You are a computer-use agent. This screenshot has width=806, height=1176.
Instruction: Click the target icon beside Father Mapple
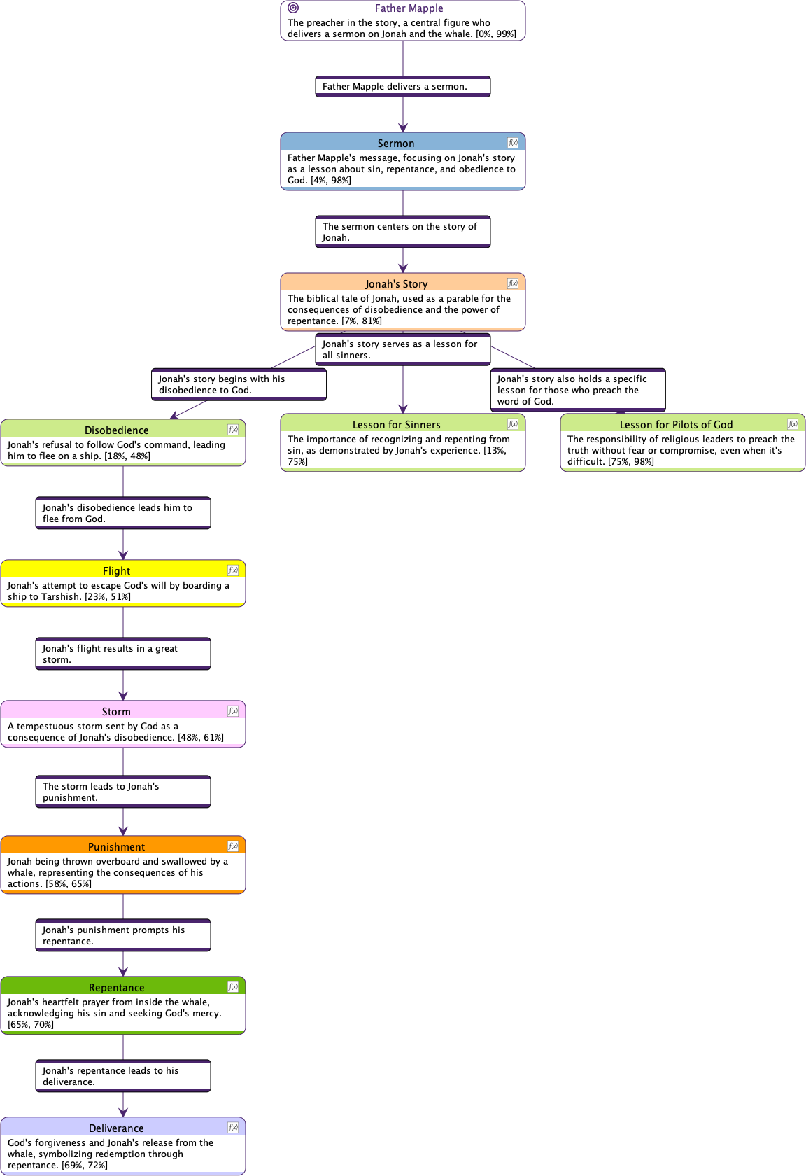pyautogui.click(x=293, y=8)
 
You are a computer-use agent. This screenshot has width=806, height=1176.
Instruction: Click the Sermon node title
pyautogui.click(x=396, y=143)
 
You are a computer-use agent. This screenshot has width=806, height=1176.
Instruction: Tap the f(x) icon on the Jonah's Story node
pyautogui.click(x=513, y=283)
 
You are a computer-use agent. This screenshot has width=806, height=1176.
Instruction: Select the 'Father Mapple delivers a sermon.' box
pyautogui.click(x=403, y=87)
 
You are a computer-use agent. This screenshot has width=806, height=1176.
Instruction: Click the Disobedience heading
pyautogui.click(x=116, y=430)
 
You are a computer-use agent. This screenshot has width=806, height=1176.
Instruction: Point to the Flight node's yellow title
pyautogui.click(x=116, y=570)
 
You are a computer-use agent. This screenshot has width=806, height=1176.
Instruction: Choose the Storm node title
pyautogui.click(x=116, y=711)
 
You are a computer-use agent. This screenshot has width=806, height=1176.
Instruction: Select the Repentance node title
pyautogui.click(x=116, y=987)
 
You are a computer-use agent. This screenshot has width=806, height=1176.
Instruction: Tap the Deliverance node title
pyautogui.click(x=116, y=1128)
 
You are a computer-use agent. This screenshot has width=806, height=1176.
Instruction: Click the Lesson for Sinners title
pyautogui.click(x=396, y=424)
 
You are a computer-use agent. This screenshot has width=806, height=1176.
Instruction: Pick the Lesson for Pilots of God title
pyautogui.click(x=676, y=424)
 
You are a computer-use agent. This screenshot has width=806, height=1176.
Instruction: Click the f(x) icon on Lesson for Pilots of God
pyautogui.click(x=792, y=423)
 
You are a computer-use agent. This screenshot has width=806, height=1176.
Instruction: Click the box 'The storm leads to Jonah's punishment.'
pyautogui.click(x=123, y=791)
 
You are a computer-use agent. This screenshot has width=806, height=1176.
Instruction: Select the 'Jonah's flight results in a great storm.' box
pyautogui.click(x=123, y=654)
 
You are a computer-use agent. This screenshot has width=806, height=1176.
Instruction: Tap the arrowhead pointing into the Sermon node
pyautogui.click(x=403, y=127)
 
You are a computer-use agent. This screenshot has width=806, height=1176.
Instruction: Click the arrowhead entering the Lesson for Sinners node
pyautogui.click(x=403, y=409)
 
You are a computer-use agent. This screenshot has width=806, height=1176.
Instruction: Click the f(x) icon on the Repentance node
pyautogui.click(x=233, y=986)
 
